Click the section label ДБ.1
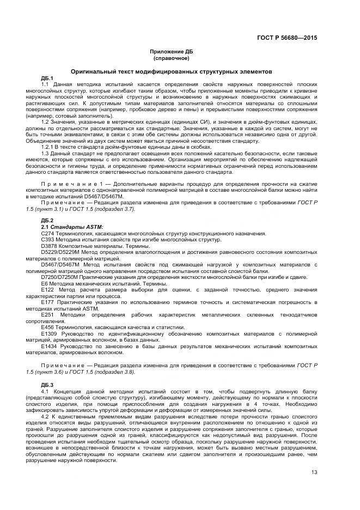point(47,78)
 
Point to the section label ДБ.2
point(47,220)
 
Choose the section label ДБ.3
point(47,385)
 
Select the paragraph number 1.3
point(46,153)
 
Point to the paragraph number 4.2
point(45,416)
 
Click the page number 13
point(314,472)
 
